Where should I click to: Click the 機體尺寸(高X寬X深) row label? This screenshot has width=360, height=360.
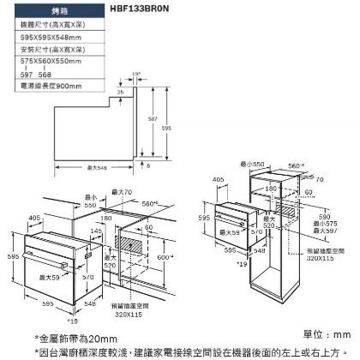[51, 26]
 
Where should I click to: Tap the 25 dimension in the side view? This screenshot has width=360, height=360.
[120, 92]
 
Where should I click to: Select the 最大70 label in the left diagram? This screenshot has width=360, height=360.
[122, 192]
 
